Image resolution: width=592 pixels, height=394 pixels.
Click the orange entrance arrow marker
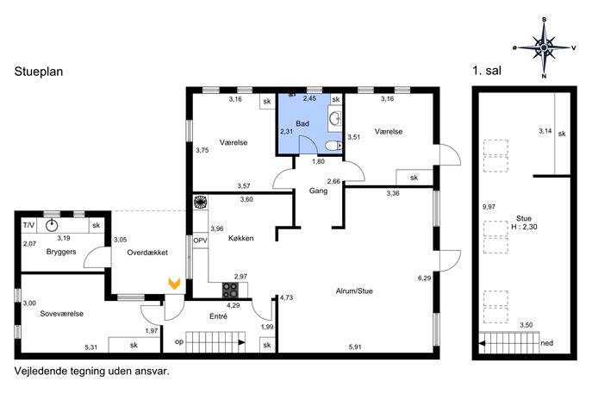click(174, 284)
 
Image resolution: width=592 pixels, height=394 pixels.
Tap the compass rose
click(544, 47)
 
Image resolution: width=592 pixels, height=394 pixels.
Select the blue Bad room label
click(302, 123)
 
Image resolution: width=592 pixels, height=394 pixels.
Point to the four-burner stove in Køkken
click(230, 291)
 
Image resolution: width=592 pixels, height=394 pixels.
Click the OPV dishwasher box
click(200, 241)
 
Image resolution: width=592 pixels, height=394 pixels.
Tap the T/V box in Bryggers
click(28, 226)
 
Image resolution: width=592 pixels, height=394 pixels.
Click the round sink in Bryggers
click(52, 226)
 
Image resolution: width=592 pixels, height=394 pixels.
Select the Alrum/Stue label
click(354, 291)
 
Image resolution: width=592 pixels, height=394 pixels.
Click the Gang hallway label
click(318, 191)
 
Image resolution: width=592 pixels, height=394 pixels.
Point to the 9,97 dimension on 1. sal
click(489, 207)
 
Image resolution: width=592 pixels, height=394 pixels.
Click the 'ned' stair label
click(546, 343)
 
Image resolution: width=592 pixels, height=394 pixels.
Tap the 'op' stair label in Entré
click(179, 342)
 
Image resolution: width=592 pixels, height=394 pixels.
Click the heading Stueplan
click(39, 72)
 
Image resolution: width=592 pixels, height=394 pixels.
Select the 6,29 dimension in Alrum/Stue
click(424, 278)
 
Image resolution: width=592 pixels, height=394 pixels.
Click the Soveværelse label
click(61, 314)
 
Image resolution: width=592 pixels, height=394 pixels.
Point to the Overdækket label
click(147, 253)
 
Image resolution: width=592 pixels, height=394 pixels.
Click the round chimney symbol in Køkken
click(200, 202)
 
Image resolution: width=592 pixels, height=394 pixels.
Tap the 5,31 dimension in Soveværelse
click(91, 347)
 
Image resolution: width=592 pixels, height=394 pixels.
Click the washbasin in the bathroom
click(335, 118)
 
